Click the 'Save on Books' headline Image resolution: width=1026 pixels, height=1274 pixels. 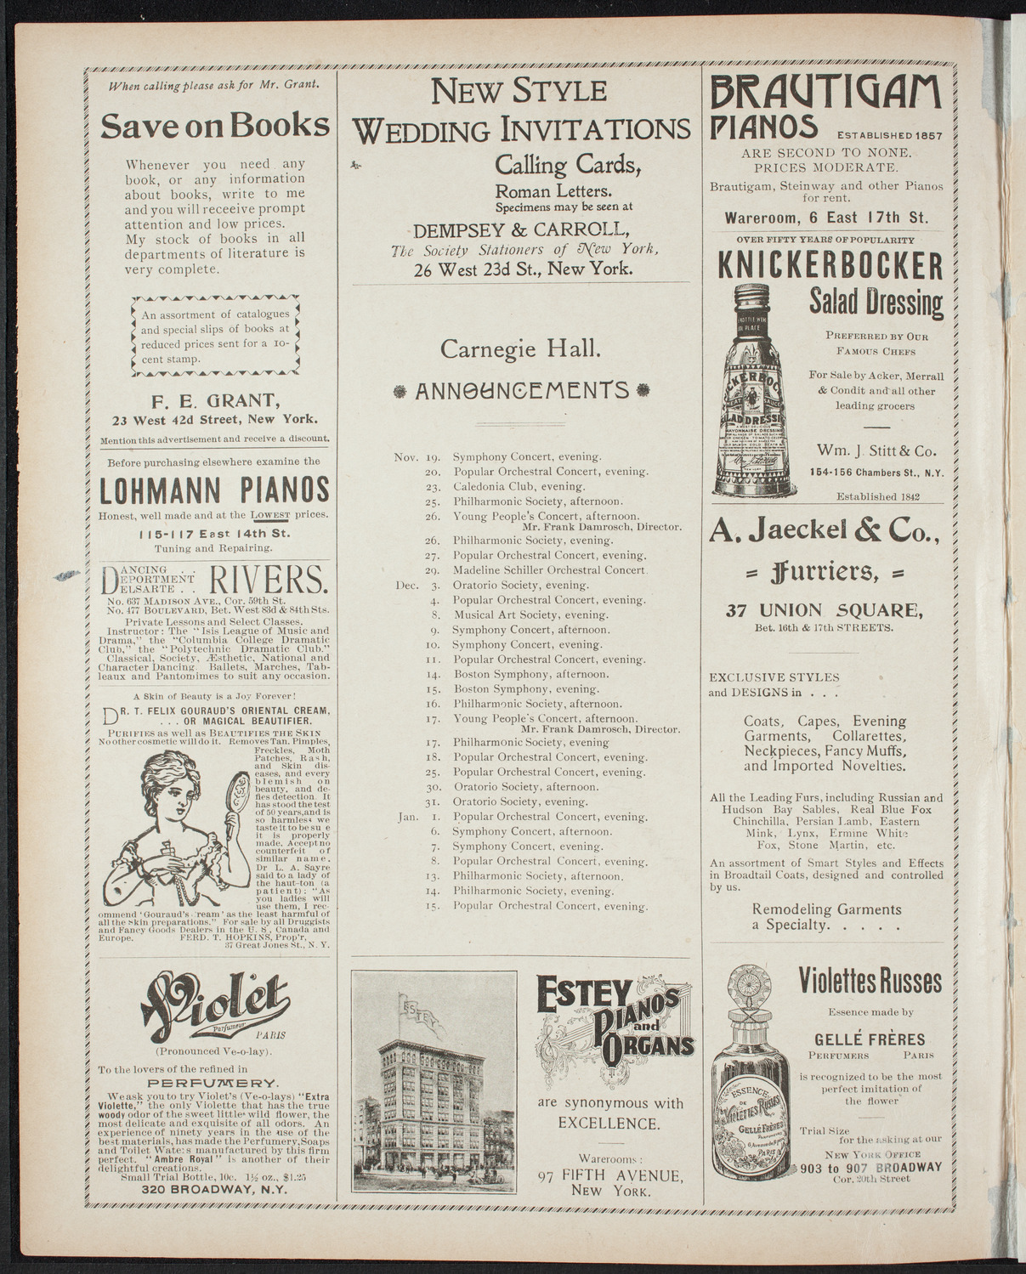[x=214, y=125]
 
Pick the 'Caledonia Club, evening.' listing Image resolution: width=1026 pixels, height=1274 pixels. [x=519, y=487]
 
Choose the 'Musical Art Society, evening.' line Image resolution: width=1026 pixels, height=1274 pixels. [x=530, y=614]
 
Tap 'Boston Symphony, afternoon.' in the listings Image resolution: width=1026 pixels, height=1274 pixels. [x=531, y=674]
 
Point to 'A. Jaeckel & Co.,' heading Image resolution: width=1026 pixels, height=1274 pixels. [x=825, y=533]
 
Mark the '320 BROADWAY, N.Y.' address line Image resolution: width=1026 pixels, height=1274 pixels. [x=214, y=1190]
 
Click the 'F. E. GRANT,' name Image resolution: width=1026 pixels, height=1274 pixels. [x=214, y=402]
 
